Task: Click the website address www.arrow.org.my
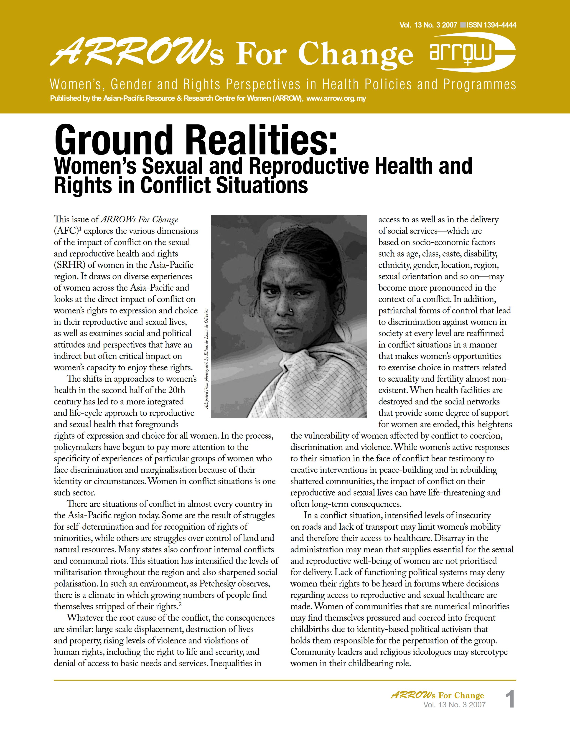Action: point(336,99)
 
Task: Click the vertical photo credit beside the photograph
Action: point(207,359)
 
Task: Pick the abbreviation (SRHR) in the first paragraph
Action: point(70,265)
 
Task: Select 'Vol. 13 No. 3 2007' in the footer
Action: point(454,705)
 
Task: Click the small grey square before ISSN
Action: point(463,25)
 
